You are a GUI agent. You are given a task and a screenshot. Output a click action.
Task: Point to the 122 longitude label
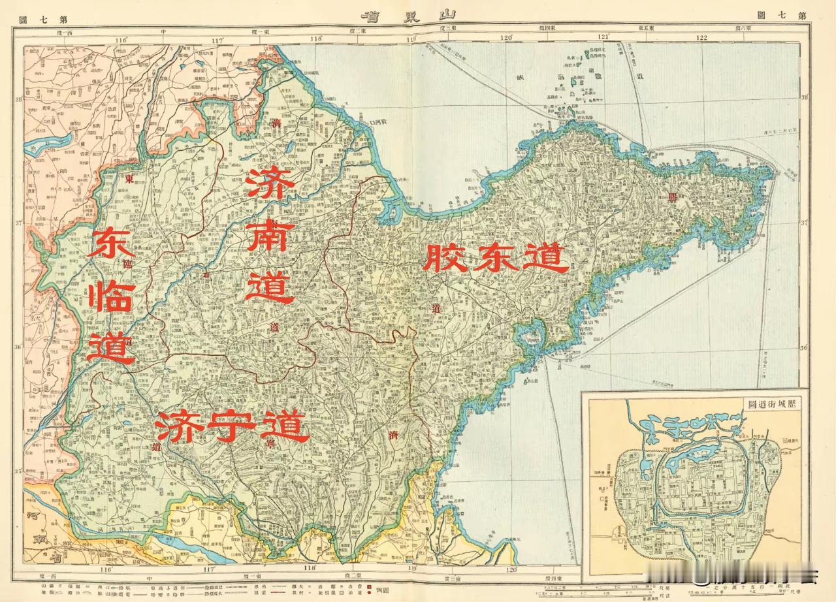[701, 38]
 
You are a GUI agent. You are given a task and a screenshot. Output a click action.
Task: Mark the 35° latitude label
[19, 471]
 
